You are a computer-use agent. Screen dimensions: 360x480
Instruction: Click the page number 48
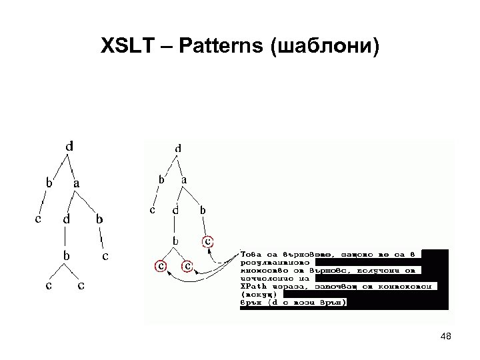[x=447, y=337]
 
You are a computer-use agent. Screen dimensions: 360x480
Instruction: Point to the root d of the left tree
[x=69, y=145]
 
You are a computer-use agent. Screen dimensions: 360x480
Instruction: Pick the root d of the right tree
[x=178, y=147]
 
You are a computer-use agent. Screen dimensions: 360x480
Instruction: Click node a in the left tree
[x=77, y=181]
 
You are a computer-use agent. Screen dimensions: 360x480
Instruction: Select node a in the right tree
[x=184, y=180]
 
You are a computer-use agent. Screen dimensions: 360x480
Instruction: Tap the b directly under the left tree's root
[x=49, y=181]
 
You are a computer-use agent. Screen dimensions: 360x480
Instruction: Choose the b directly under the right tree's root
[x=161, y=179]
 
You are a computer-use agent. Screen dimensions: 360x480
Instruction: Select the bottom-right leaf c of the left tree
[x=81, y=286]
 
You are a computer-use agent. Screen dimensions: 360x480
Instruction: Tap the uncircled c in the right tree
[x=152, y=209]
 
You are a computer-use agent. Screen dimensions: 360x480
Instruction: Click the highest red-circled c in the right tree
[x=208, y=240]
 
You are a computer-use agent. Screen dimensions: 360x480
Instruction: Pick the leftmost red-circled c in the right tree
[x=160, y=265]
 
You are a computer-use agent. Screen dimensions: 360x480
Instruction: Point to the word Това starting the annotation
[x=253, y=254]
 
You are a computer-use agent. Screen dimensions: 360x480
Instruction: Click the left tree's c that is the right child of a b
[x=105, y=255]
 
